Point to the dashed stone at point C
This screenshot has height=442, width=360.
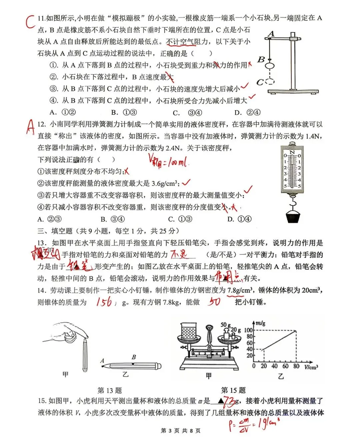point(270,81)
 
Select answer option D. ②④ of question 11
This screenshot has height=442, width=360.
point(247,113)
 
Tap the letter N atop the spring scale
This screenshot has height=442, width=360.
point(292,153)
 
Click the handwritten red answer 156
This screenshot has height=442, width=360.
point(104,302)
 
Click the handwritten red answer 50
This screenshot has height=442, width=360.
point(214,302)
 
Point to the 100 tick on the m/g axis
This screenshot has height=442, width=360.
point(248,330)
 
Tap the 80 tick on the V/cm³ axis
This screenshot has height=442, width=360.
point(296,366)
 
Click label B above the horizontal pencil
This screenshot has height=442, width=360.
point(134,357)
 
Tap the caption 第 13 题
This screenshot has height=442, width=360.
point(110,390)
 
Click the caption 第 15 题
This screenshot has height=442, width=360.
point(233,390)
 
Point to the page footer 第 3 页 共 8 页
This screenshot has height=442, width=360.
point(180,431)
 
